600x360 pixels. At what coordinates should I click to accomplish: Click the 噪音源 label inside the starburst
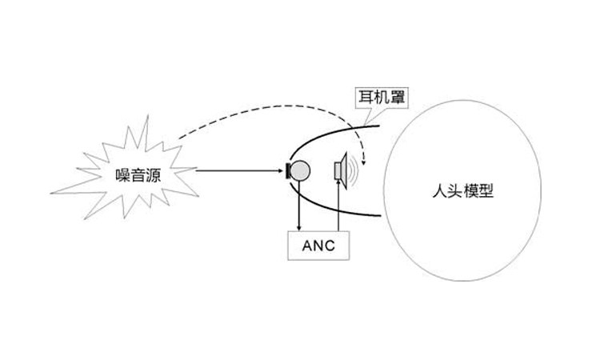[138, 176]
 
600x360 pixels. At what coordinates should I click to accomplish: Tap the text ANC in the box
[318, 246]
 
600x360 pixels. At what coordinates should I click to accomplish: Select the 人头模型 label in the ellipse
[463, 191]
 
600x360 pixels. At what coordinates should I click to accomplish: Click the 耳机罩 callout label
[382, 97]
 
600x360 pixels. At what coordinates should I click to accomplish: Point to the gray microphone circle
[300, 170]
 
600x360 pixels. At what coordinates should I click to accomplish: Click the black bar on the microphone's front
[288, 170]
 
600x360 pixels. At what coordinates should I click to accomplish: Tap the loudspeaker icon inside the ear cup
[341, 170]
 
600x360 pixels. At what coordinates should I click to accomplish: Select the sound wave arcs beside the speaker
[354, 170]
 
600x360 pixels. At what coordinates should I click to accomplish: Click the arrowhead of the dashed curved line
[363, 162]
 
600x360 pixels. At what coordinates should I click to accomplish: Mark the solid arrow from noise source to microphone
[239, 170]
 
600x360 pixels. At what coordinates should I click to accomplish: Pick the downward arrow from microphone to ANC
[299, 206]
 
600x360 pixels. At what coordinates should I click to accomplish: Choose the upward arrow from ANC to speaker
[338, 205]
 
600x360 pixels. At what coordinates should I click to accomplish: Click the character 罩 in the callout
[398, 97]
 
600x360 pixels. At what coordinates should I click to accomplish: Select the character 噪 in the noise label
[123, 176]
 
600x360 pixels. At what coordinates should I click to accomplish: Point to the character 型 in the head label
[486, 191]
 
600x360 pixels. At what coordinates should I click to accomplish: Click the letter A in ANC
[307, 246]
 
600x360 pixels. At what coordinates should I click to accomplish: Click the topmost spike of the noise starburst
[147, 116]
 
